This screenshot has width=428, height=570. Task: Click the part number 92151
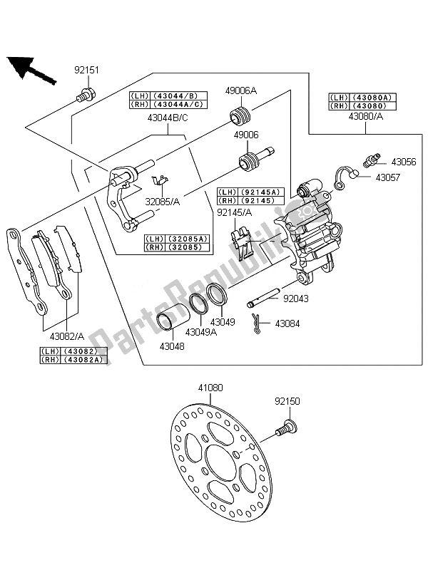(86, 70)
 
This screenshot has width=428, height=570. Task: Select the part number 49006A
(240, 90)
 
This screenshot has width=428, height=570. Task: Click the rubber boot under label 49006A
(239, 115)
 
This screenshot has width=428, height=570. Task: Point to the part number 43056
(404, 162)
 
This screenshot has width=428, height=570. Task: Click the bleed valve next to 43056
(372, 160)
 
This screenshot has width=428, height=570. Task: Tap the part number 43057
(387, 177)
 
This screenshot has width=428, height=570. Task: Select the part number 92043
(296, 299)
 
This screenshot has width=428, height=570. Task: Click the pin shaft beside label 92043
(263, 298)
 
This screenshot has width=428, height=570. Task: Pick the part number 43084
(287, 323)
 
